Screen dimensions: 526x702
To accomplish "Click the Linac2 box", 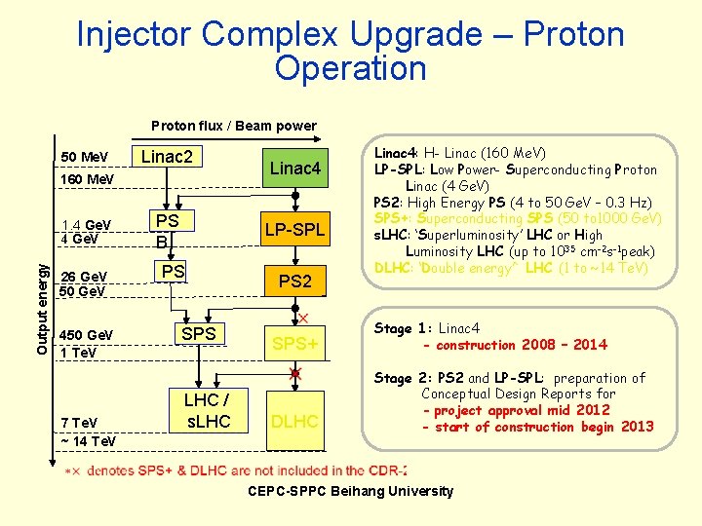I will tap(167, 157).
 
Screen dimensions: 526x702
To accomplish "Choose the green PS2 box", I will tap(295, 282).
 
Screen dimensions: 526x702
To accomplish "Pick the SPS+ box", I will tap(295, 344).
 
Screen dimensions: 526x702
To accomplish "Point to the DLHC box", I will tap(295, 422).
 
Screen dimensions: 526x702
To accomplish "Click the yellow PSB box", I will tap(168, 231).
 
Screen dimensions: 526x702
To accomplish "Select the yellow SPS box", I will tap(199, 333).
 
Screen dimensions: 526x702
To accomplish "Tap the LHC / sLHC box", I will tap(207, 411).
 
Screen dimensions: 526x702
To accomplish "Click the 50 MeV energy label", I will tap(84, 158).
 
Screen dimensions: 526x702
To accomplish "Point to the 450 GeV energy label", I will tap(87, 335).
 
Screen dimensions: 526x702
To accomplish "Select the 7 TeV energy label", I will tap(78, 422).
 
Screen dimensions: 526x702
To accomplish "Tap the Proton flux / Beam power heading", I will tap(234, 125).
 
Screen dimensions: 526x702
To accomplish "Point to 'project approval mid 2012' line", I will tap(522, 410).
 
